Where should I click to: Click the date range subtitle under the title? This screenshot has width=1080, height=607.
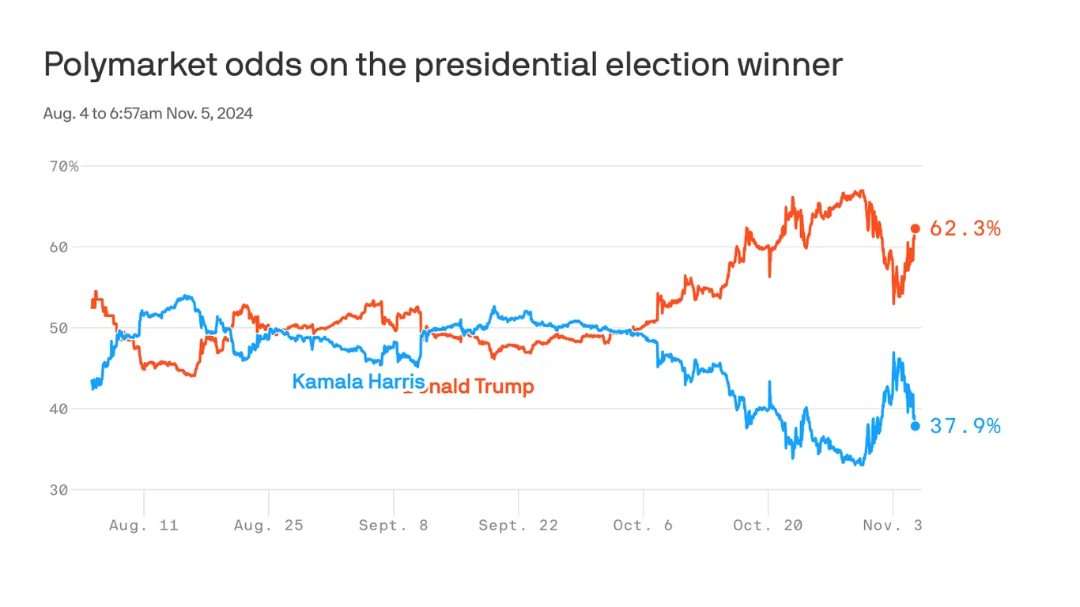(148, 113)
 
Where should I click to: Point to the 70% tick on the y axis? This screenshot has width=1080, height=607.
(63, 167)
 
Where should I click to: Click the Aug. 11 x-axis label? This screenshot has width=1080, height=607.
(143, 526)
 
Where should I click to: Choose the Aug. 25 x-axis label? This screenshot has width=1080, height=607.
(268, 526)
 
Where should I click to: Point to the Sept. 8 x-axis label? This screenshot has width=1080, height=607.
(393, 526)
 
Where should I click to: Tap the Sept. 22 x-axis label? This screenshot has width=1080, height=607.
(518, 526)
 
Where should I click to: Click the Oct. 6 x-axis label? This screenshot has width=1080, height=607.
(643, 526)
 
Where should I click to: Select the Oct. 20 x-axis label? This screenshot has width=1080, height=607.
(768, 526)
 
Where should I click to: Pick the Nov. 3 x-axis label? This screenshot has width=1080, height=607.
(893, 526)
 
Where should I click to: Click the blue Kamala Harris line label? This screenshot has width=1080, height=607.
(358, 382)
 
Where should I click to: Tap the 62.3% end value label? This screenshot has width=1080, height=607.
(965, 229)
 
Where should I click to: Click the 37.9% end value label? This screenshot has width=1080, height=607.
(965, 427)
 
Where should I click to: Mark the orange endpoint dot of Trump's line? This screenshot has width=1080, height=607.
(916, 228)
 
